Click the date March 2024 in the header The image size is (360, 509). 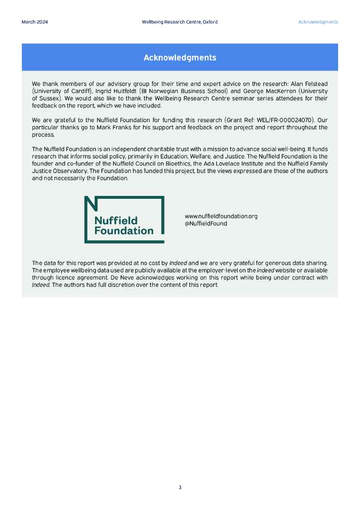[x=35, y=22]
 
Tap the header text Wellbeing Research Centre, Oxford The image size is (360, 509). [x=180, y=22]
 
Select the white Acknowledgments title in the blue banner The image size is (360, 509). [x=180, y=58]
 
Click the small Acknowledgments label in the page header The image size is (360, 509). [x=318, y=22]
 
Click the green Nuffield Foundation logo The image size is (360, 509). [x=124, y=219]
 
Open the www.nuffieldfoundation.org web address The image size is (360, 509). [x=221, y=216]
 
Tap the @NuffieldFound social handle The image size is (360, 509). [x=206, y=224]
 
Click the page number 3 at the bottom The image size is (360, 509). [x=180, y=488]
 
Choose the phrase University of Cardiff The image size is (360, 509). [x=59, y=91]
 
